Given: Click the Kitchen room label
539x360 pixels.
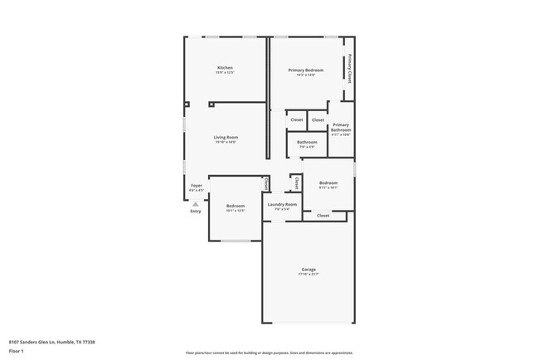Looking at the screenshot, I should [x=225, y=68].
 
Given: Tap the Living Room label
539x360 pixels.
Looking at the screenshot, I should [x=226, y=137].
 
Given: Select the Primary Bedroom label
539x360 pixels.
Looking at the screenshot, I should [x=306, y=71].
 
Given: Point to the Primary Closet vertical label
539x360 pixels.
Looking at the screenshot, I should [x=350, y=68].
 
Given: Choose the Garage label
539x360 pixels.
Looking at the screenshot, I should [x=308, y=270].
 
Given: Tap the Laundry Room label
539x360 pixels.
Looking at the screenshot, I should [x=282, y=204].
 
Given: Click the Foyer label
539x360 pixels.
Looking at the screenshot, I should [x=197, y=186].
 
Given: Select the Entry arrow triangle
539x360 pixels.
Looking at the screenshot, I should [x=196, y=202].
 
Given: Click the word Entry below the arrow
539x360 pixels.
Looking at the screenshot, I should [x=196, y=211].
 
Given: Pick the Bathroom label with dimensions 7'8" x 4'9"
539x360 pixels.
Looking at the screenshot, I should [x=307, y=142].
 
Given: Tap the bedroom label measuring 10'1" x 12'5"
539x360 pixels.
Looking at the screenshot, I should [x=236, y=206].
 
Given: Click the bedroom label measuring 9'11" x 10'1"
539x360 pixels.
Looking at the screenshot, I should [x=328, y=182].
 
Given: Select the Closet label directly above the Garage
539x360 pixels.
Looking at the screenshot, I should [x=323, y=216].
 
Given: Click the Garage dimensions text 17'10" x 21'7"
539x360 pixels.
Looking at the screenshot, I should [x=308, y=275].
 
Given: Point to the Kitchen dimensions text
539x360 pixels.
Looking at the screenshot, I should [x=225, y=73].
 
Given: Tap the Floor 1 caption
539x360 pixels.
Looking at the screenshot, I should [x=17, y=351].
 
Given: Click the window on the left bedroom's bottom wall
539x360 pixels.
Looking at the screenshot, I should [x=236, y=241].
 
